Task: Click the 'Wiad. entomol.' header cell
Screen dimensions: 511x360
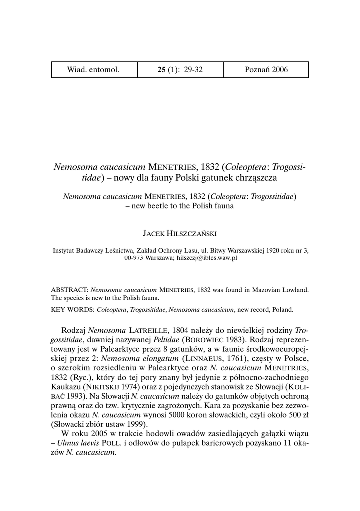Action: pos(93,69)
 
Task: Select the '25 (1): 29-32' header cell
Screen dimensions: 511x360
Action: pos(180,69)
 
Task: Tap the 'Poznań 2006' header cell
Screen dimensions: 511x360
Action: pos(266,69)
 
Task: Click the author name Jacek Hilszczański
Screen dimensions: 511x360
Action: pos(180,233)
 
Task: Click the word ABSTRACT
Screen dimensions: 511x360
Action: pos(69,289)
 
